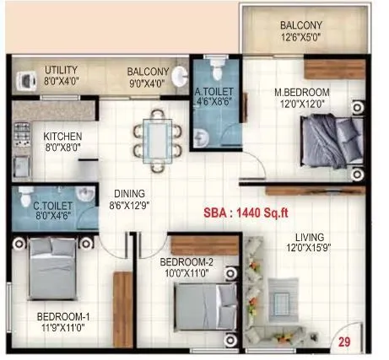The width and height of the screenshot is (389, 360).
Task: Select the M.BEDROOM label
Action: pos(300,91)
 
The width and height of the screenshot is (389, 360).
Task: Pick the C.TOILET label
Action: pos(52,204)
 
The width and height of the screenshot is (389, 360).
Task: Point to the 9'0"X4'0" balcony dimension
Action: pos(149,83)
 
